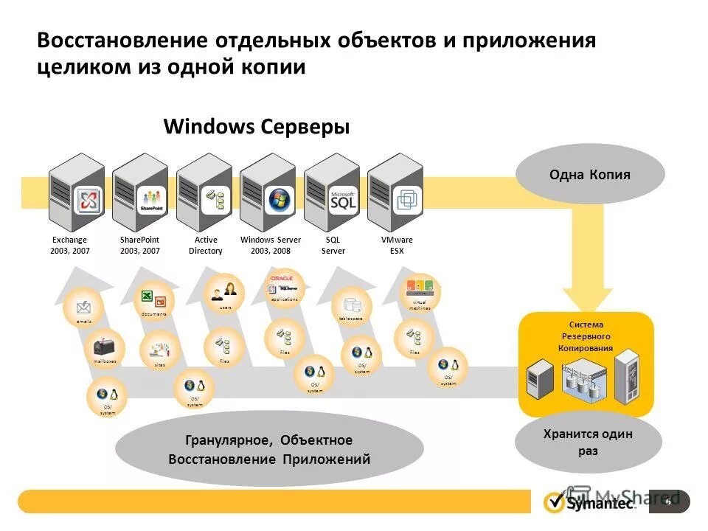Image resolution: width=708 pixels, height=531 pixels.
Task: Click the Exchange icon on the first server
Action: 88,200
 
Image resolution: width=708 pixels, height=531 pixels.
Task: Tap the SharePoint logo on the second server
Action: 153,200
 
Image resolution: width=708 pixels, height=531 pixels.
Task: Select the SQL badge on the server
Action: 344,200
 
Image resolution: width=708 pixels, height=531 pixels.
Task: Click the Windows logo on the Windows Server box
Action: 280,200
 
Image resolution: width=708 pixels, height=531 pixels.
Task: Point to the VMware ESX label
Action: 397,246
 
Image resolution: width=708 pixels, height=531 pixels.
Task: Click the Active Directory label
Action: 205,246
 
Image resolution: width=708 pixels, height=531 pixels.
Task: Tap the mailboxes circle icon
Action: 104,348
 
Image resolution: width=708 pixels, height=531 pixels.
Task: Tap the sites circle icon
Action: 159,350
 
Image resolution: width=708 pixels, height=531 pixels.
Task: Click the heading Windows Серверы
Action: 256,127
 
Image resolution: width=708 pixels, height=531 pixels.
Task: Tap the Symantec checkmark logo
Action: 554,502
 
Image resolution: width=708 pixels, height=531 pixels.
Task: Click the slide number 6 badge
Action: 669,502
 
